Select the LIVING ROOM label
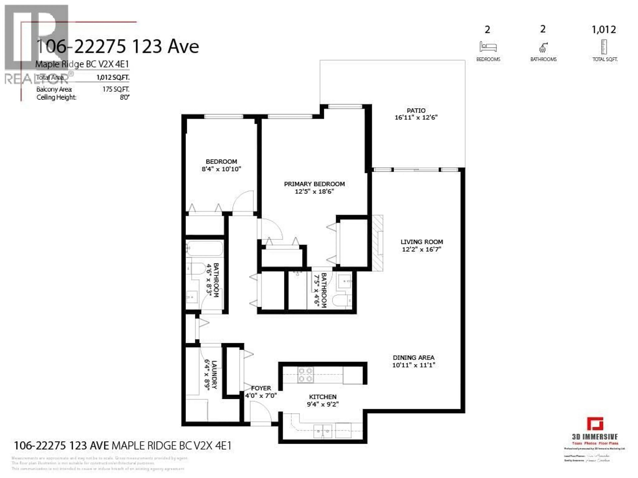[422, 242]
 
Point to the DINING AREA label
[413, 358]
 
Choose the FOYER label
[261, 388]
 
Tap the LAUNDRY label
[214, 375]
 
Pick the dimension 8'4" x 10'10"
[221, 169]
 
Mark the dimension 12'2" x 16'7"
[422, 249]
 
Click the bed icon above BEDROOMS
[488, 47]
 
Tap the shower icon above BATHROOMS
[543, 47]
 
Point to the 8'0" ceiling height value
[125, 97]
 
